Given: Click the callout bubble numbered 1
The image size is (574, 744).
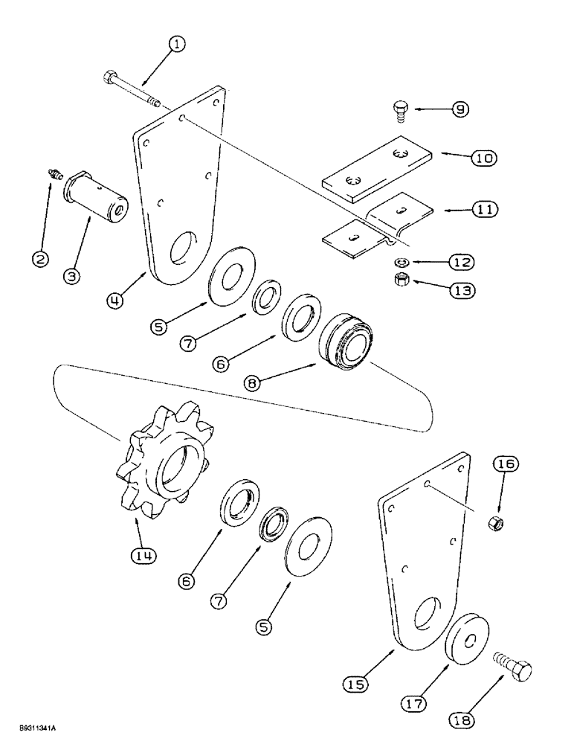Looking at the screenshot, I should click(x=176, y=45).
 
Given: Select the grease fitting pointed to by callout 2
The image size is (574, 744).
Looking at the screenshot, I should click(x=53, y=173).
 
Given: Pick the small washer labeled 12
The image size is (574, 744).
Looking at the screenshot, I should click(x=399, y=262).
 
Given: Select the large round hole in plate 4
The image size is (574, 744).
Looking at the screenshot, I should click(x=183, y=248).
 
